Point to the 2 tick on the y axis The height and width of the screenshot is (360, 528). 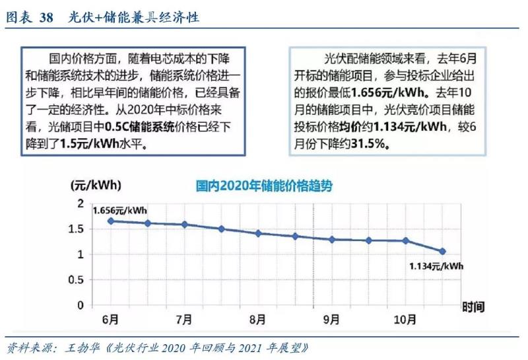click(x=81, y=203)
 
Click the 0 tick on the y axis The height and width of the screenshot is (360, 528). click(x=81, y=305)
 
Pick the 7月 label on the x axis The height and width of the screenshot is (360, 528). click(x=184, y=319)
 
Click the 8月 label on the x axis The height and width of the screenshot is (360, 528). click(x=258, y=319)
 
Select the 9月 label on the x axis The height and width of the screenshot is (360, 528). click(x=331, y=319)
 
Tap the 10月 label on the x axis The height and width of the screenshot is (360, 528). click(x=404, y=319)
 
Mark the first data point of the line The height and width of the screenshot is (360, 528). click(x=111, y=221)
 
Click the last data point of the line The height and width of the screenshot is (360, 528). click(x=442, y=251)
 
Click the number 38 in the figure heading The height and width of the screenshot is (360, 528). click(x=46, y=18)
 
